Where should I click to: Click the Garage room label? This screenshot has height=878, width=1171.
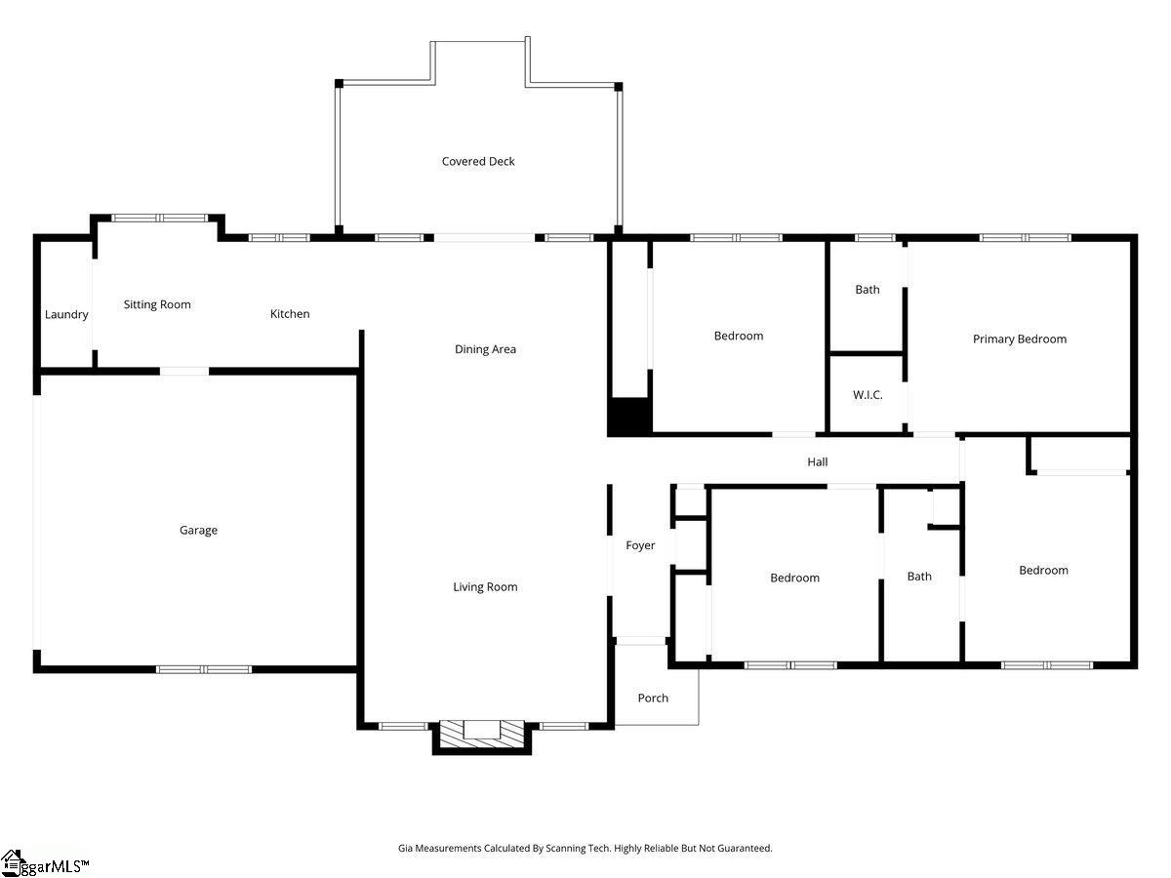pos(198,531)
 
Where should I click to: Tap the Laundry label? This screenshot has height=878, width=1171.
pos(66,314)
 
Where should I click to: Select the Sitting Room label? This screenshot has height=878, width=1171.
pos(157,304)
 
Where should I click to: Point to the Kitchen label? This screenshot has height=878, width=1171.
pos(290,314)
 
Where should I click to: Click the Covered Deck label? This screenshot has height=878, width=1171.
pos(478,162)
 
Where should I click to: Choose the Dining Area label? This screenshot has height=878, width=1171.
pos(485,349)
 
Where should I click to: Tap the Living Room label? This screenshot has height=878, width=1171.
pos(485,587)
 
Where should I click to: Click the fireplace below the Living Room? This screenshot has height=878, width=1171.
pos(481,734)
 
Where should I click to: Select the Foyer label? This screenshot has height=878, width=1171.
pos(640,546)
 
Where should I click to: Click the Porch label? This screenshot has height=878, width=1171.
pos(653,698)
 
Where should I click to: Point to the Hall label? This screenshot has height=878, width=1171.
pos(818,462)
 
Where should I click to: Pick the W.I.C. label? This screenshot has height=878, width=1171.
pos(868,395)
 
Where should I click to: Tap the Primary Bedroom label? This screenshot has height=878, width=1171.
pos(1020,339)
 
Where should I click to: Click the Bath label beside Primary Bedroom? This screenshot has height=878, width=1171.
pos(868,290)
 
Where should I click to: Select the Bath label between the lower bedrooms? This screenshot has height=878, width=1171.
pos(919,577)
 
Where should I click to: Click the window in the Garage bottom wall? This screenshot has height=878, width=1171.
pos(204,669)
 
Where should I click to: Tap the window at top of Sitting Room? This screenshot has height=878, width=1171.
pos(159,219)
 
